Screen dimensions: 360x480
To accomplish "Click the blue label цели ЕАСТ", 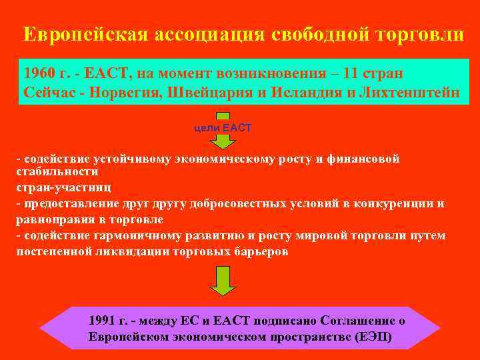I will point(223,127).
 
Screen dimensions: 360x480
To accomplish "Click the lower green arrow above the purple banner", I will point(223,280).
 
